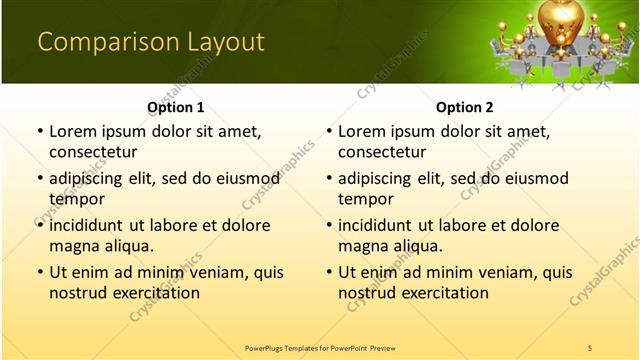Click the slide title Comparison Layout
point(150,42)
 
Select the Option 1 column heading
point(176,107)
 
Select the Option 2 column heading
point(465,107)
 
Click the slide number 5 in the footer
point(590,347)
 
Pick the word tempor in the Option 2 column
point(366,199)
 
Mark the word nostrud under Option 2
point(367,293)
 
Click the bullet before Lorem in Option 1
point(39,132)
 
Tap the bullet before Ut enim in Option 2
point(328,272)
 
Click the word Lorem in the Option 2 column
point(363,132)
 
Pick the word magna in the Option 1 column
point(73,246)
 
